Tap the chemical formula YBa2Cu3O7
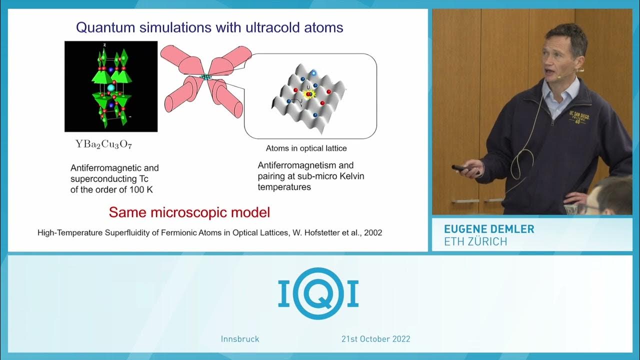pyautogui.click(x=103, y=144)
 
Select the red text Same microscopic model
pyautogui.click(x=189, y=212)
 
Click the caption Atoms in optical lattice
pyautogui.click(x=306, y=148)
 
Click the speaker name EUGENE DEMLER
pyautogui.click(x=489, y=229)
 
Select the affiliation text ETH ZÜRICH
pyautogui.click(x=475, y=241)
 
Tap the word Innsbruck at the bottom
pyautogui.click(x=240, y=339)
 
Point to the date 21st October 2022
pyautogui.click(x=375, y=339)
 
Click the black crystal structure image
pyautogui.click(x=111, y=86)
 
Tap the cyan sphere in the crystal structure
pyautogui.click(x=111, y=88)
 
